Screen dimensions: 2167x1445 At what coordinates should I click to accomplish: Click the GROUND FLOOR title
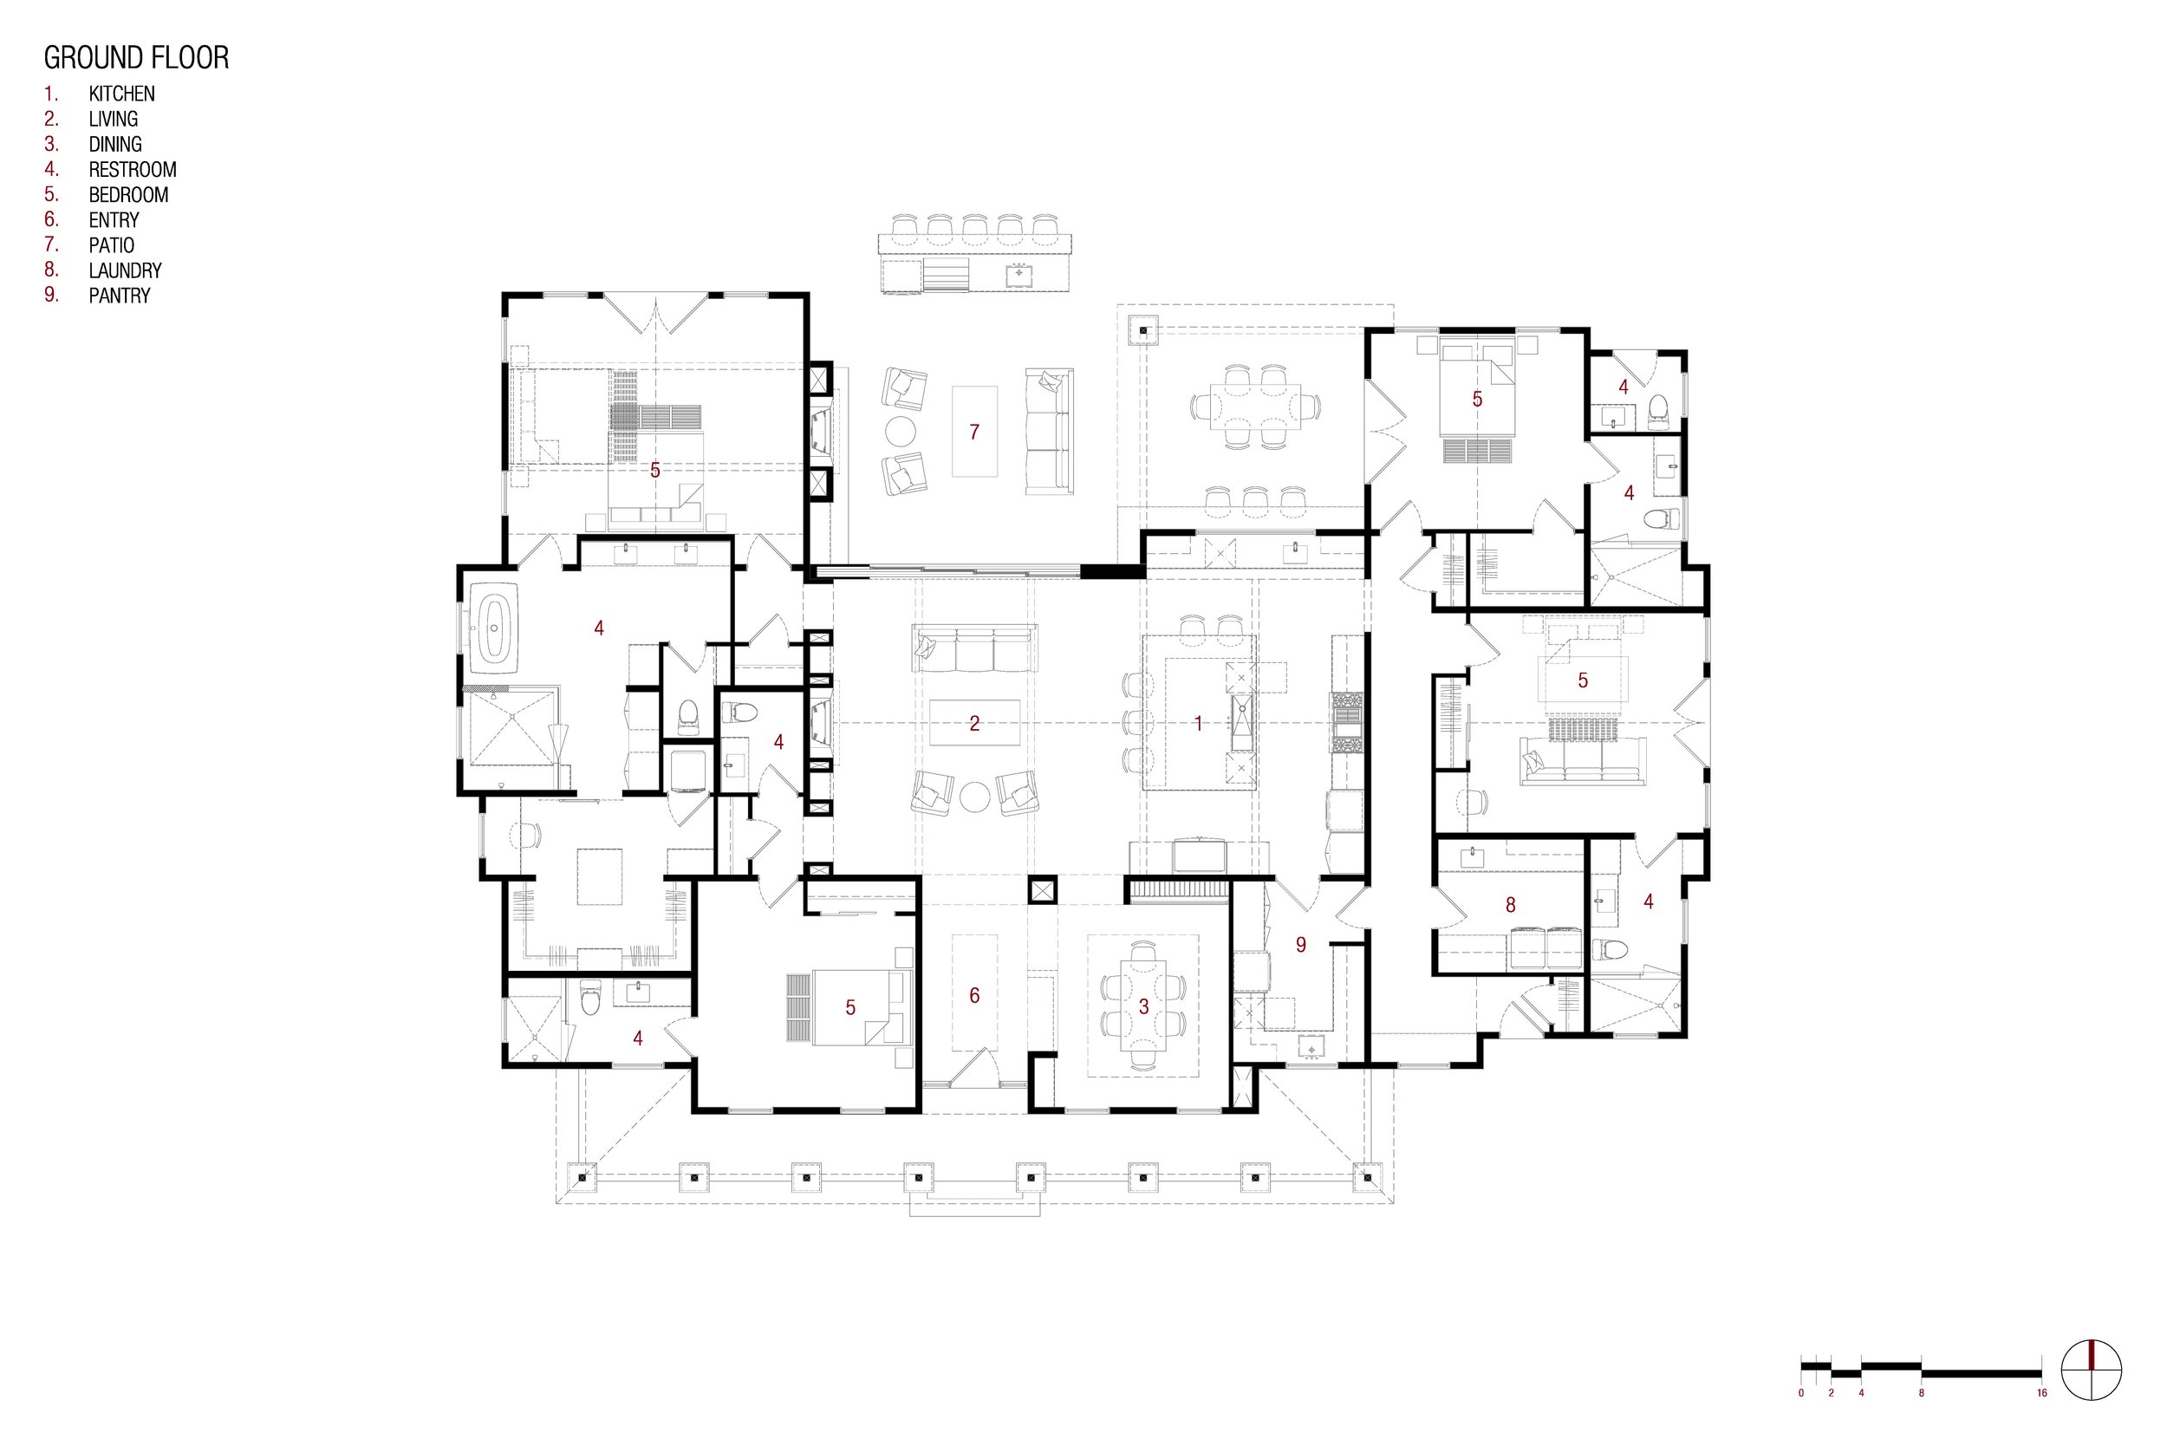click(x=136, y=58)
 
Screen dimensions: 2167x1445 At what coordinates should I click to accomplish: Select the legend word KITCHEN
click(x=121, y=94)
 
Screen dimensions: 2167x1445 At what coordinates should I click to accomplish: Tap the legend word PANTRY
click(x=119, y=296)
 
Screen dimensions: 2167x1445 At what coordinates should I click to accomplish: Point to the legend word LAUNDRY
click(x=126, y=271)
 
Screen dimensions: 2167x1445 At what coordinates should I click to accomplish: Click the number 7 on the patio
click(x=974, y=432)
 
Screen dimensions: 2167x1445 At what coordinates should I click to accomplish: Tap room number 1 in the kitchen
click(x=1199, y=724)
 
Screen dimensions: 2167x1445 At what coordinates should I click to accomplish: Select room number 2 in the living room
click(x=975, y=724)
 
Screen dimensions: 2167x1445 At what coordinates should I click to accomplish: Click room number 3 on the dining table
click(x=1143, y=1007)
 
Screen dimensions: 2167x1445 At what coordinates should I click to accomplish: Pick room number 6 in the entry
click(x=974, y=995)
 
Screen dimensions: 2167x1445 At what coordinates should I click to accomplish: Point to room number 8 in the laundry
click(x=1510, y=905)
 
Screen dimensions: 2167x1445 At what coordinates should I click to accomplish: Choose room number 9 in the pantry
click(x=1301, y=945)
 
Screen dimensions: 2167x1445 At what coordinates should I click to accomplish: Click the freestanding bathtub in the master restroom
click(x=495, y=628)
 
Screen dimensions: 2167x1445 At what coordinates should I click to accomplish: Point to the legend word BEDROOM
click(x=129, y=195)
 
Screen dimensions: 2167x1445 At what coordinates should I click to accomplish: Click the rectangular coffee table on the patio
click(x=975, y=432)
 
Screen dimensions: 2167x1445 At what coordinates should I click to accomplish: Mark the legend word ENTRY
click(x=114, y=220)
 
